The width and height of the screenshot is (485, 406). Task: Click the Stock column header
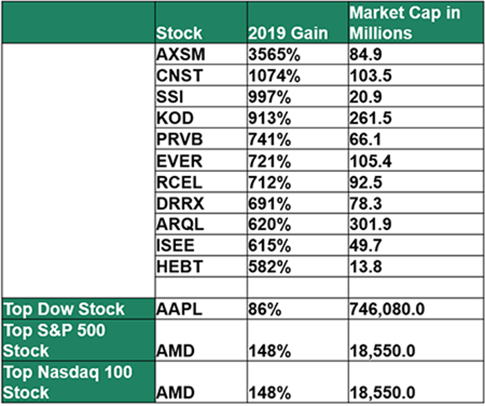[x=179, y=33]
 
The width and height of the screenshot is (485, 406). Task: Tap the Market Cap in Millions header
[x=404, y=23]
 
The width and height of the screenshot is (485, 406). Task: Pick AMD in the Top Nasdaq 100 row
[x=175, y=391]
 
